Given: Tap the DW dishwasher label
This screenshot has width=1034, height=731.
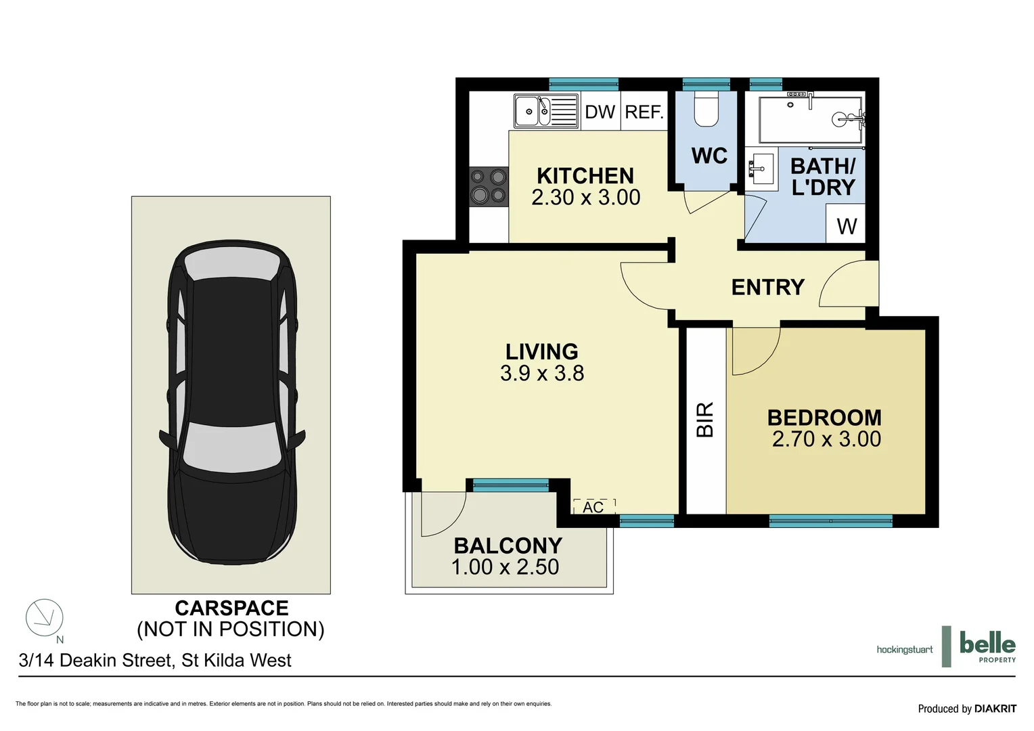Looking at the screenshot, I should point(600,112).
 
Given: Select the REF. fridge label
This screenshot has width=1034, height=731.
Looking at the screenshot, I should point(644,112).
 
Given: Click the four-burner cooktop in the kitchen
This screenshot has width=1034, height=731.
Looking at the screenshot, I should point(489,187).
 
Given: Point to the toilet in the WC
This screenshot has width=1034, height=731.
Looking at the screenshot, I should point(706,112).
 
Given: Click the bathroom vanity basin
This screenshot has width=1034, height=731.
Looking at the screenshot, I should point(763,169).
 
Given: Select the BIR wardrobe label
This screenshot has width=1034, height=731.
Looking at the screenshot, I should point(705,419).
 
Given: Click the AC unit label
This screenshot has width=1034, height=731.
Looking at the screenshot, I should point(593,507).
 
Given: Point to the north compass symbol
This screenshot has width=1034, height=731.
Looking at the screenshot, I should point(45,617).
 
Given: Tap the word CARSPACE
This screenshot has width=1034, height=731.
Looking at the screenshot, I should point(231,608).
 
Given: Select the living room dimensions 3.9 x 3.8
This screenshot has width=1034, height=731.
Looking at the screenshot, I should point(542,373).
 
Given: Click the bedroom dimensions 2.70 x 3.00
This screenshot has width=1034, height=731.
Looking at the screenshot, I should point(826,439).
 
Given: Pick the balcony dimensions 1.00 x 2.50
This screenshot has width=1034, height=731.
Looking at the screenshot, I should point(505,567).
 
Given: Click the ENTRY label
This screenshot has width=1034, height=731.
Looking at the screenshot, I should point(767,287).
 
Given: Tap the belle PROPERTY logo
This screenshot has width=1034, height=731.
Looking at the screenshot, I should point(987,646).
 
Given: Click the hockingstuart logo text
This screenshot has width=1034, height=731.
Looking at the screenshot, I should point(904,650).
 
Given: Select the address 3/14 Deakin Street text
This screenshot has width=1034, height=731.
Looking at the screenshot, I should point(155,660).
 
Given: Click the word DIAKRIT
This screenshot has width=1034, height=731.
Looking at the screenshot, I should point(995,709).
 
